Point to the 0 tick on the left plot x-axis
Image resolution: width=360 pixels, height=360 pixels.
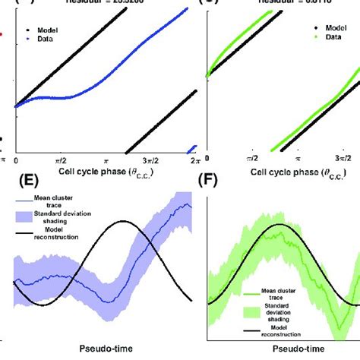(17, 162)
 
